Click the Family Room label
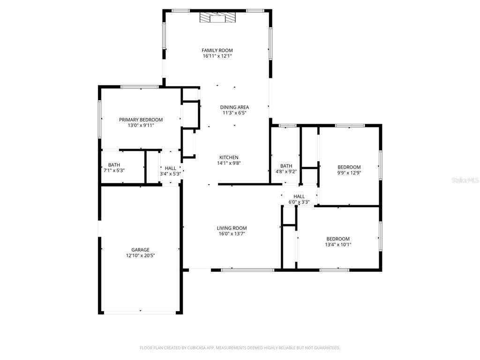[217, 50]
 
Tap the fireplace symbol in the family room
[217, 18]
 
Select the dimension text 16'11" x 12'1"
[217, 56]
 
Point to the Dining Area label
[234, 107]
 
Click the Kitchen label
[229, 157]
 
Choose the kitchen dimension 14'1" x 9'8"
[229, 163]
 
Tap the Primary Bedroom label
[141, 120]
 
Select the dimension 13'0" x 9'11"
[141, 125]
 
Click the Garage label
[140, 250]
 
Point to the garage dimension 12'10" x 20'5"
[140, 255]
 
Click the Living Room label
[232, 228]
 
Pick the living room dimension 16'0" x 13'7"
[232, 234]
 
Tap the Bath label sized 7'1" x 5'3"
[114, 165]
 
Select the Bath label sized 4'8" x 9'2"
[286, 166]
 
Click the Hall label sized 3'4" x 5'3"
[170, 168]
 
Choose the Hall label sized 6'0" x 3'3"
[299, 196]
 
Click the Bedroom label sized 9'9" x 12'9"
[349, 167]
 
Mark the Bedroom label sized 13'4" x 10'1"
[338, 239]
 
